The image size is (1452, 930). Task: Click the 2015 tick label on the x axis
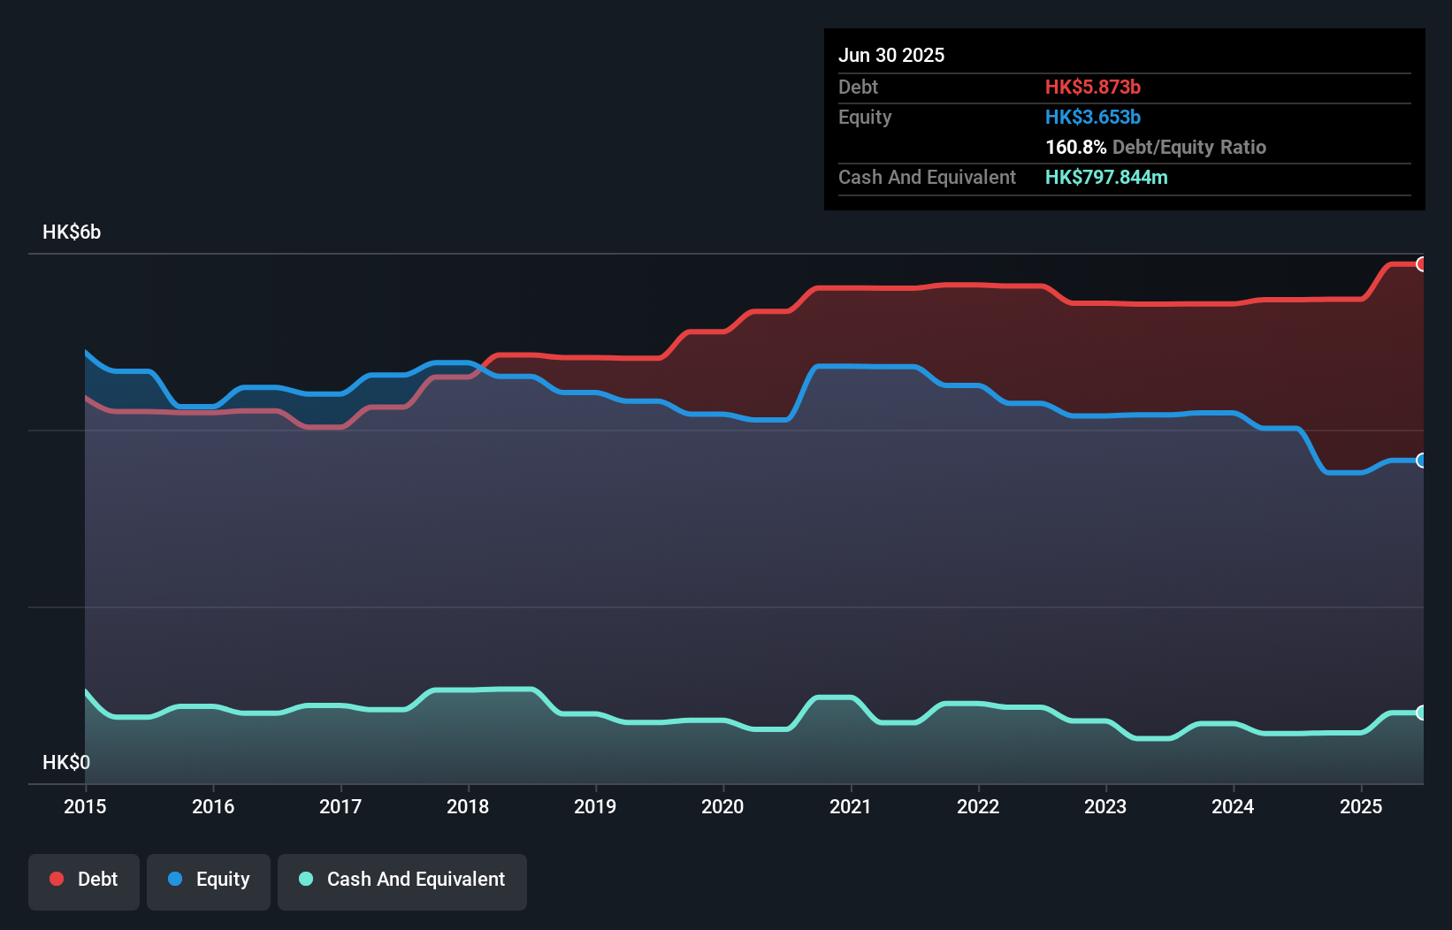point(85,806)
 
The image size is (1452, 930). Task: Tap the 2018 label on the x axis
point(468,806)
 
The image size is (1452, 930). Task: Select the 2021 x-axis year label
point(850,806)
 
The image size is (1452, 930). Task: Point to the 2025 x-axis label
point(1360,806)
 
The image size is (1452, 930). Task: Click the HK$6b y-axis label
point(72,232)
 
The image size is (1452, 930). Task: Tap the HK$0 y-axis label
point(66,762)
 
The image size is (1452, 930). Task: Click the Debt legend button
point(84,880)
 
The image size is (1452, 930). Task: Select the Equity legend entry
point(209,880)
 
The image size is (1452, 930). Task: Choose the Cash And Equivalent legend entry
point(402,880)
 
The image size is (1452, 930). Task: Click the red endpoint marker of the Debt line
point(1421,264)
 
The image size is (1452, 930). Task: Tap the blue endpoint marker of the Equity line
point(1421,461)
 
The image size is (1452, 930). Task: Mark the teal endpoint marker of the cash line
point(1421,713)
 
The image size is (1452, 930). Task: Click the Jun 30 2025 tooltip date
point(891,56)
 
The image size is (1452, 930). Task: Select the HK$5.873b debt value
point(1092,88)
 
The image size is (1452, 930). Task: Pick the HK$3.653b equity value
point(1092,118)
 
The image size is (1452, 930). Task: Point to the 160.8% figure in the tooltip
point(1075,148)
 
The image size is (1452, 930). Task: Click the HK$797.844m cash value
point(1105,178)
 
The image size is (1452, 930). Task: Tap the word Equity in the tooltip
point(865,118)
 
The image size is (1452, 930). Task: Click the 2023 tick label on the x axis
point(1105,806)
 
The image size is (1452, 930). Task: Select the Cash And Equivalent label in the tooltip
point(927,178)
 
